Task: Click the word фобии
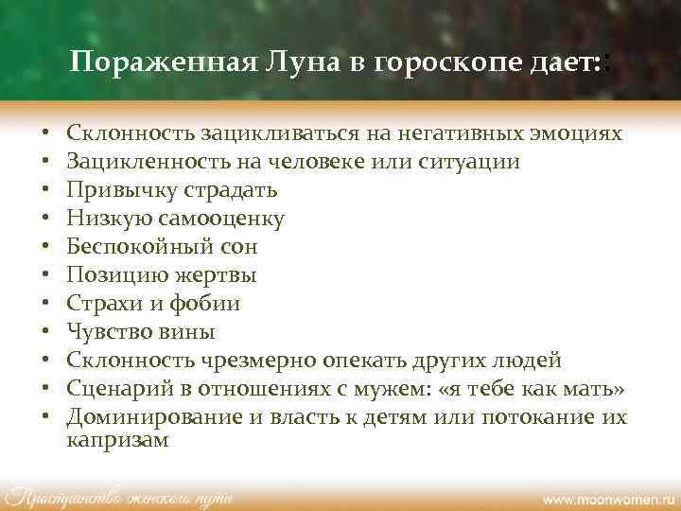coord(207,304)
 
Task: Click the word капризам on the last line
coord(118,439)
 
